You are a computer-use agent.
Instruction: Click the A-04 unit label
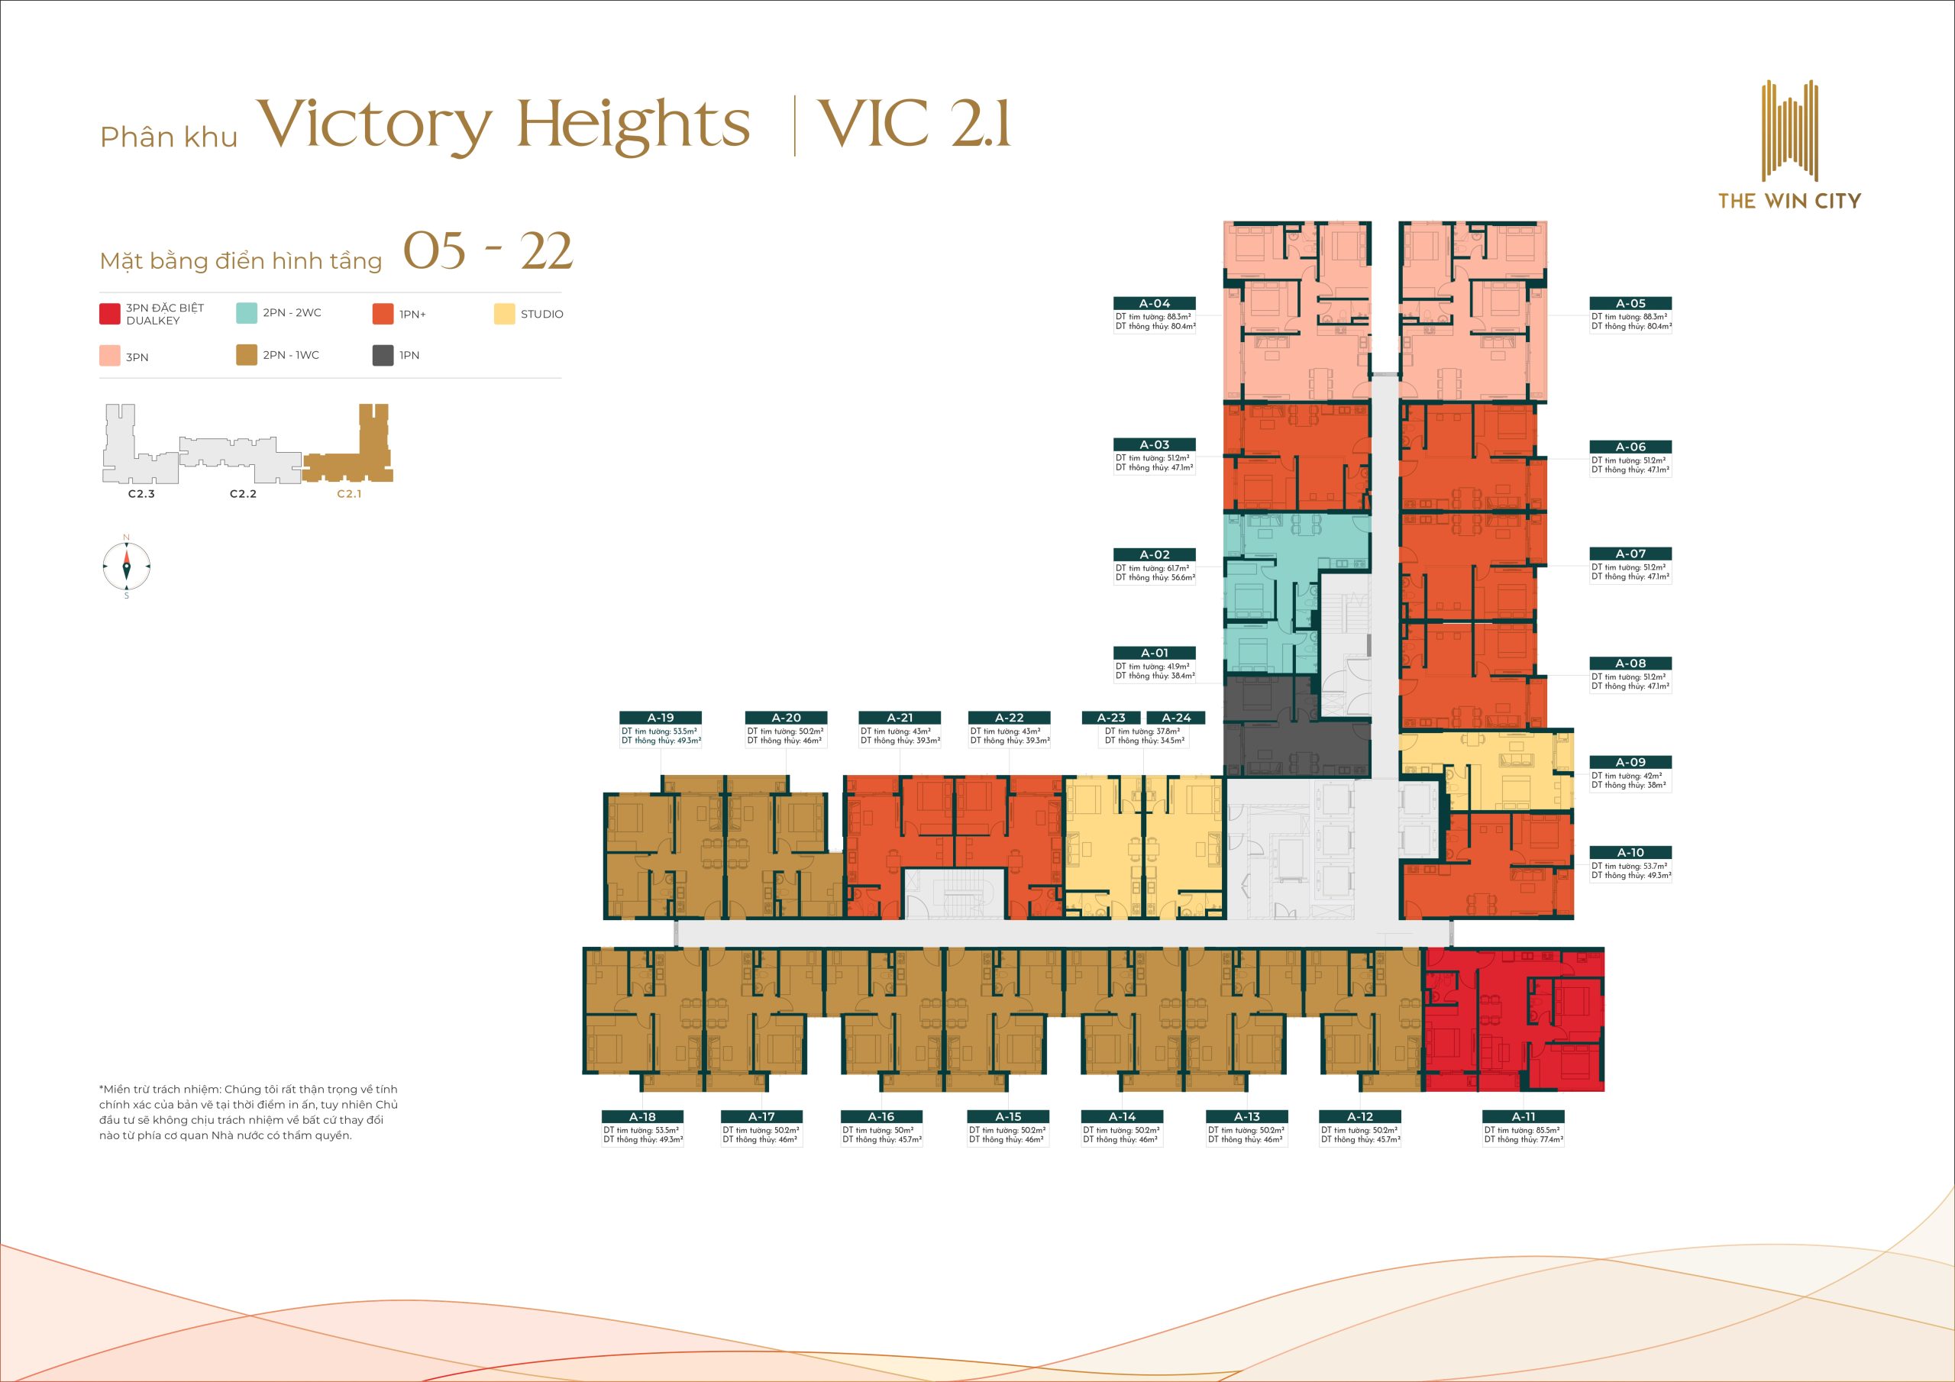(1155, 303)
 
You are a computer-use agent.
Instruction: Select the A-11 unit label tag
(1524, 1116)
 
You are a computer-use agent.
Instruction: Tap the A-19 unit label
(661, 718)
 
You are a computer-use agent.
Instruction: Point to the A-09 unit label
(1630, 762)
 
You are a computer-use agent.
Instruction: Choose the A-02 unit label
(1155, 554)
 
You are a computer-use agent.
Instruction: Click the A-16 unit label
(881, 1116)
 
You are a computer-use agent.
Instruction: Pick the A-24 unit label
(1176, 718)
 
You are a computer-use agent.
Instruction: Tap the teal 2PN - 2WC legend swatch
(246, 312)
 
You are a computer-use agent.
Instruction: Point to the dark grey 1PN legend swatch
(383, 355)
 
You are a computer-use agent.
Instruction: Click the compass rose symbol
(126, 567)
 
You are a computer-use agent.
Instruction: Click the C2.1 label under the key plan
(349, 494)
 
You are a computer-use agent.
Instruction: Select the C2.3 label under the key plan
(141, 494)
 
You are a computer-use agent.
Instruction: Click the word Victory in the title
(375, 126)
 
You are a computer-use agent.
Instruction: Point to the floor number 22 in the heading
(546, 251)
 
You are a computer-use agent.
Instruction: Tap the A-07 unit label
(1630, 554)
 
